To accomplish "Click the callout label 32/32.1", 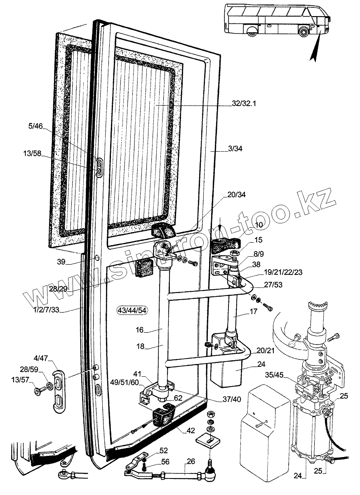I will (244, 104).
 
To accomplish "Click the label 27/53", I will (273, 284).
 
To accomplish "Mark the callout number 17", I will (254, 312).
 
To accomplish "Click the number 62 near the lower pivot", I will (178, 398).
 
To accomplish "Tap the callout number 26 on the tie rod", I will (191, 461).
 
